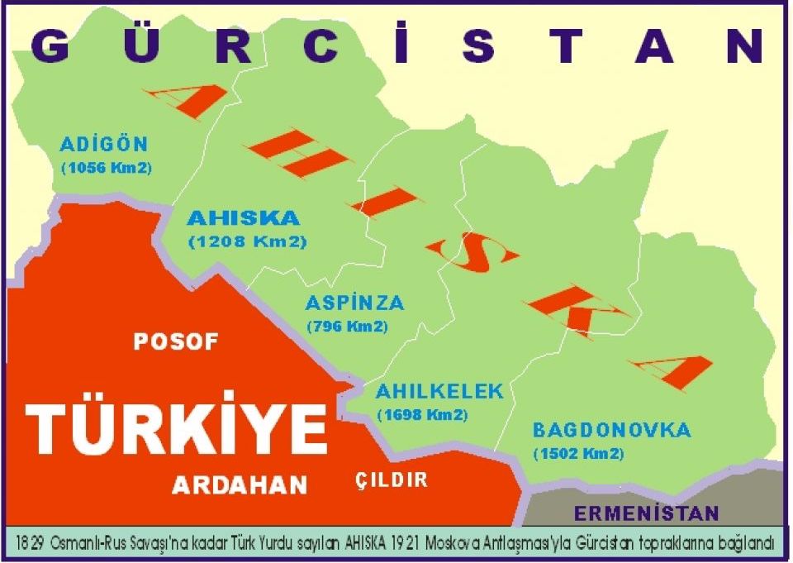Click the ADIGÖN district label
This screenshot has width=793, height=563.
(104, 145)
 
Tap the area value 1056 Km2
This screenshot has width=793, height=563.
(106, 167)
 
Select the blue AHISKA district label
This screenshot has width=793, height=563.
(244, 219)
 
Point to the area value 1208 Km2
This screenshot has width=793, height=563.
(247, 242)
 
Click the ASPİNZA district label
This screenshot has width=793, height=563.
(354, 303)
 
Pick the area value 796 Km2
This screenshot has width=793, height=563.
(347, 326)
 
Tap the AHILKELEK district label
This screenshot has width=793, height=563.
(439, 391)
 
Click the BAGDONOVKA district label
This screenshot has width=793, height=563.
(611, 431)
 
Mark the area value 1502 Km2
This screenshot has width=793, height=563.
(577, 453)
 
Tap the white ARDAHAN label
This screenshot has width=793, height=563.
(240, 485)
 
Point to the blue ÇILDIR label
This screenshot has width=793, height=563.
(392, 480)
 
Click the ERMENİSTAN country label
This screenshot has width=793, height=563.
(647, 513)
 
